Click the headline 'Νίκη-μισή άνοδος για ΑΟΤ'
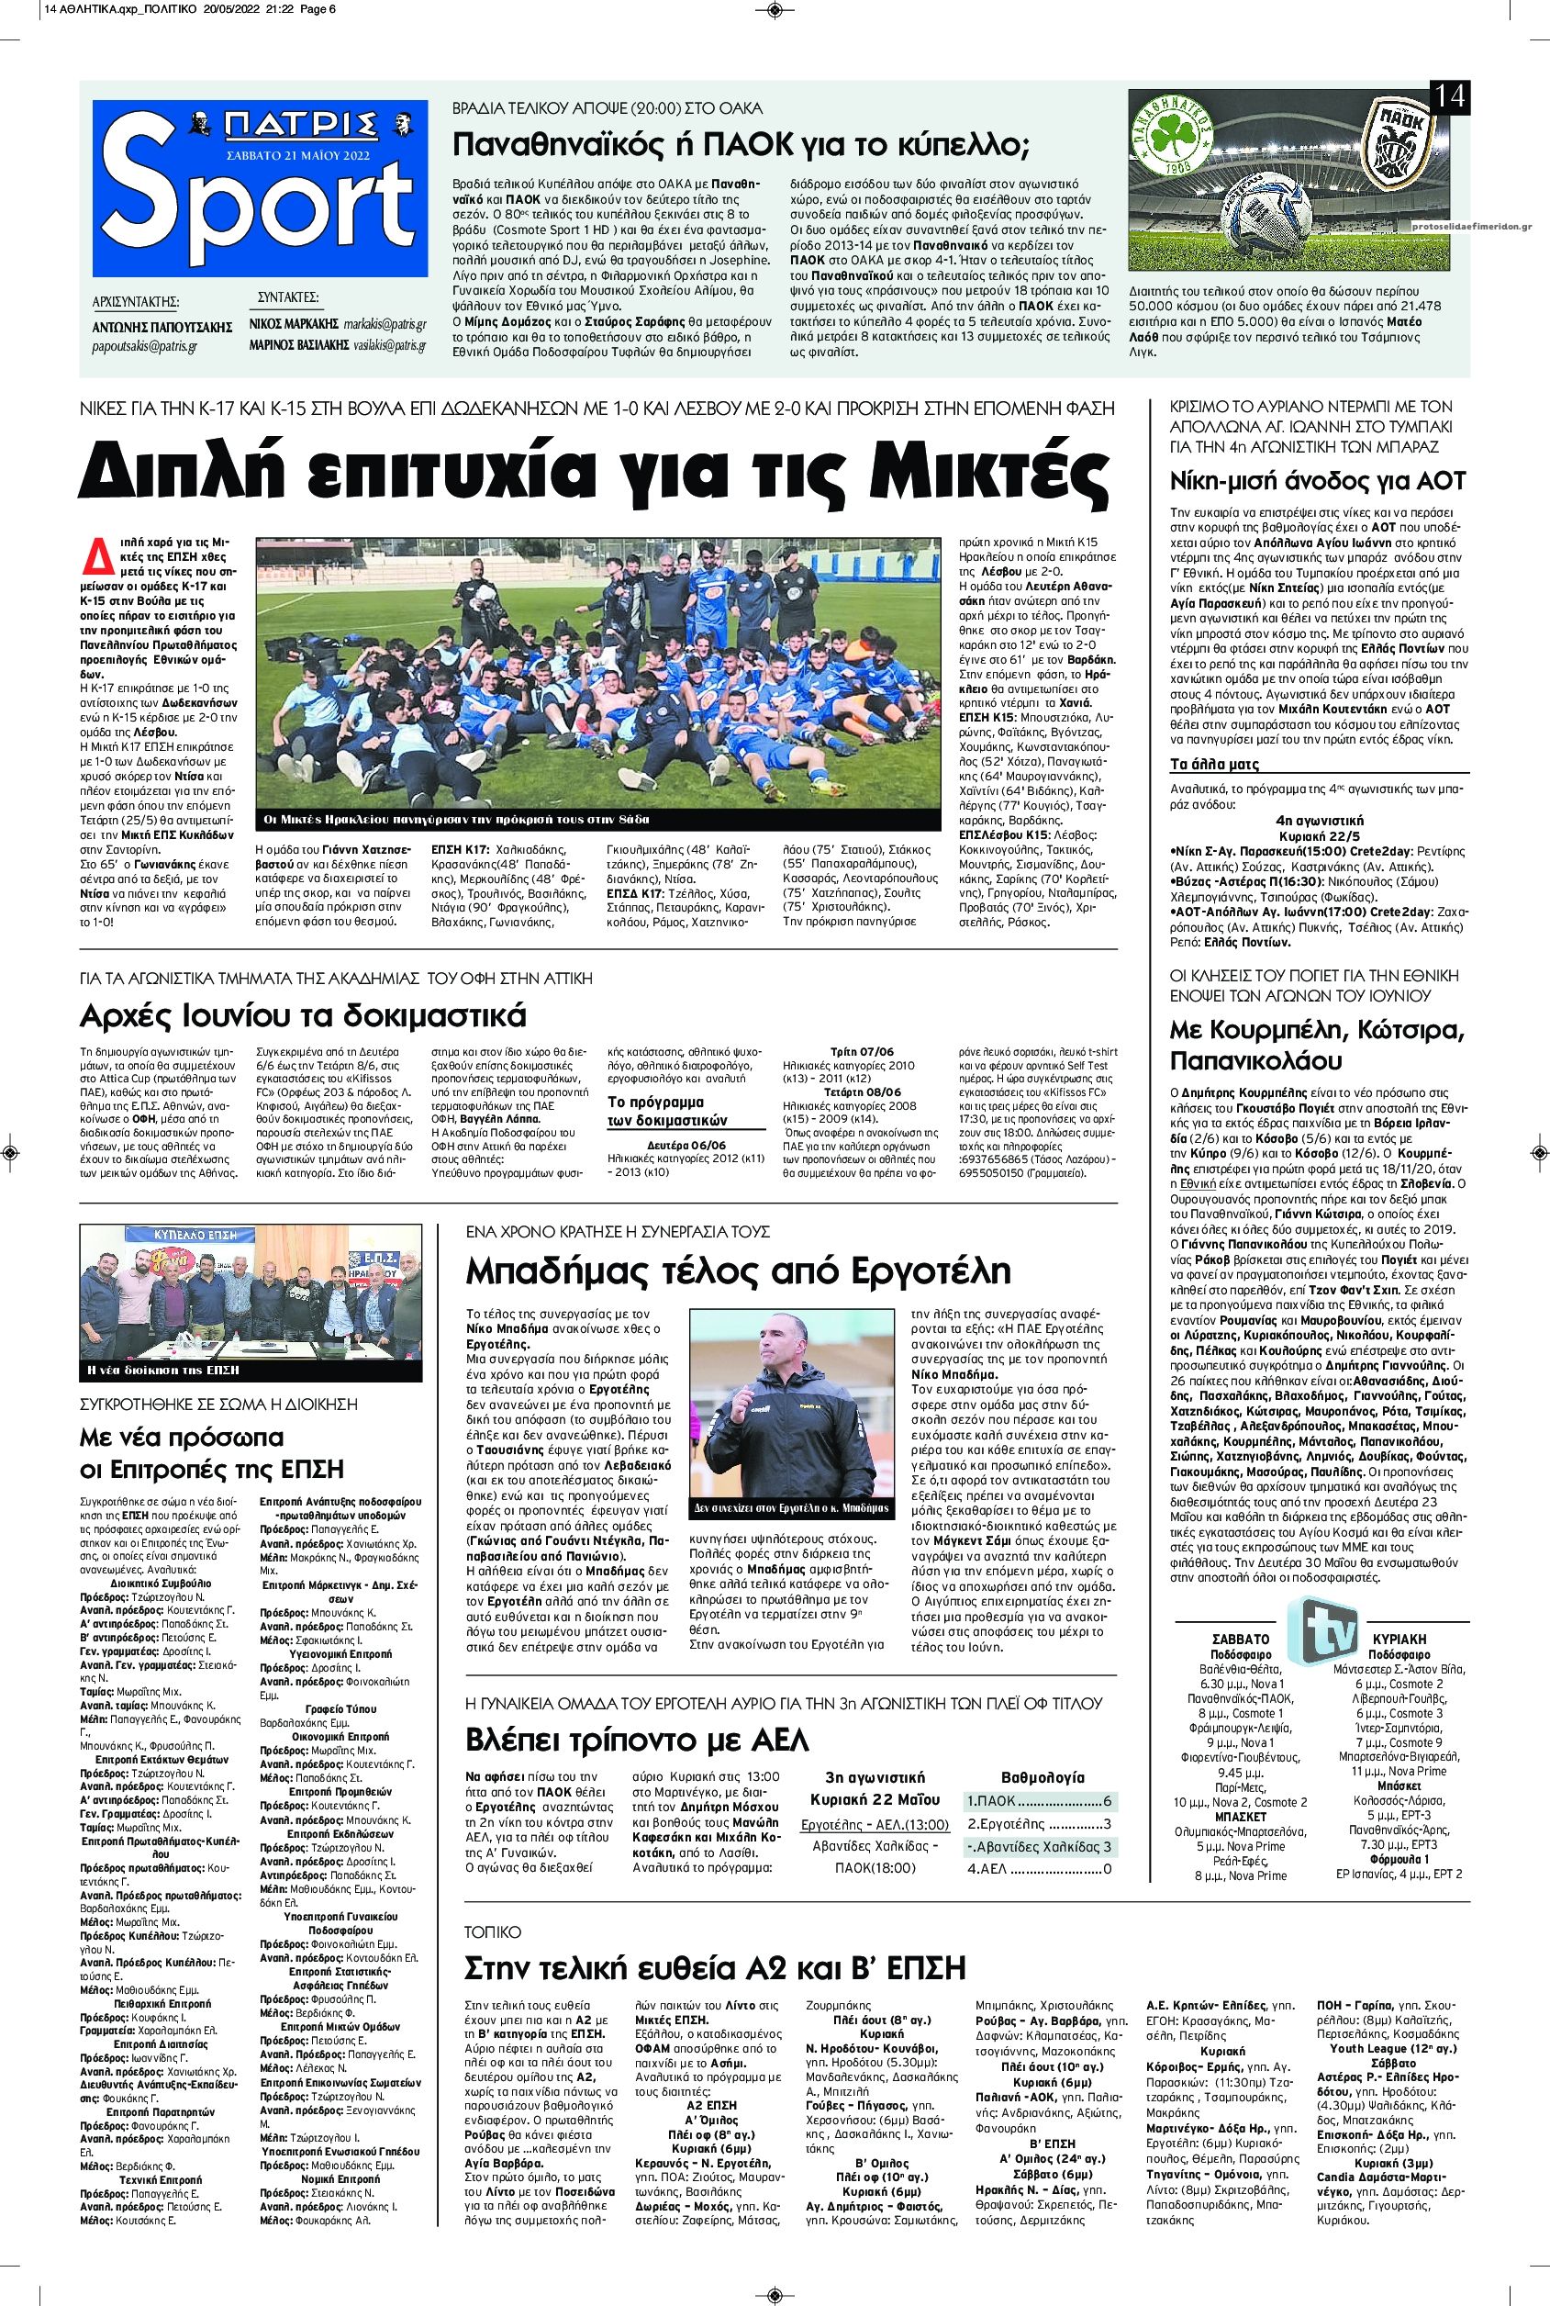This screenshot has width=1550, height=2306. [1318, 482]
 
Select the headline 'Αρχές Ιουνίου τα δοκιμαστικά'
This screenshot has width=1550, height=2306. [304, 1015]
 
